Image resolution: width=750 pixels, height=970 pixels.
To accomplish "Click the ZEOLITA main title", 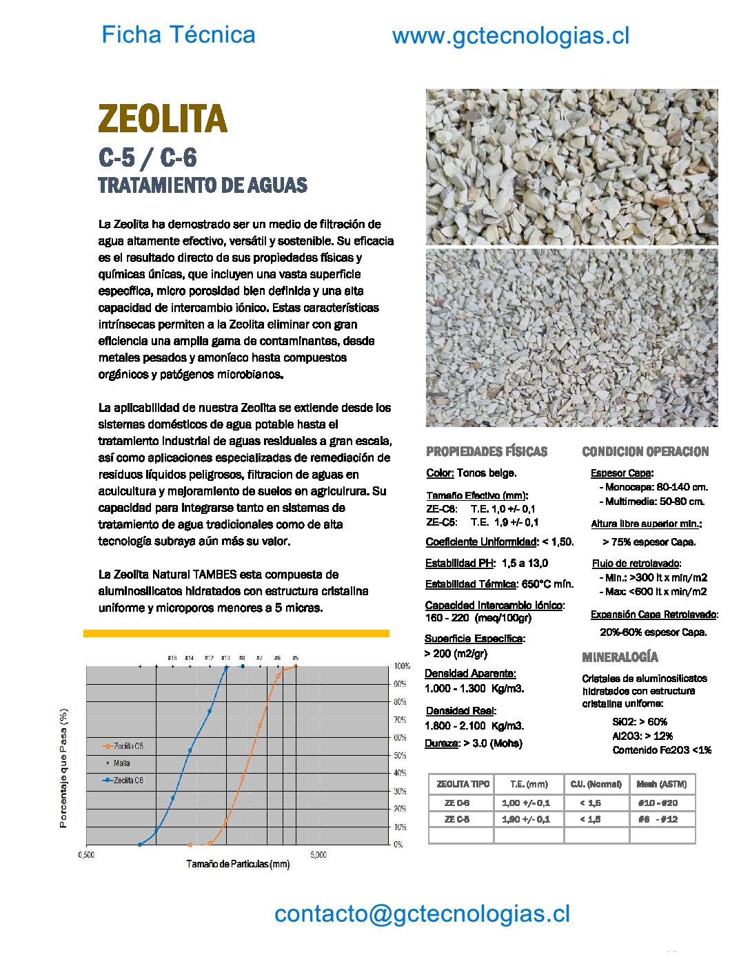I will click(163, 118).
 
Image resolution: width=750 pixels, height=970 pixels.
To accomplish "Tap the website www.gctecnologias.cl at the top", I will click(510, 36).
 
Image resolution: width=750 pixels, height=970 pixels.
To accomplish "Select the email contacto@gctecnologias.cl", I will click(422, 914).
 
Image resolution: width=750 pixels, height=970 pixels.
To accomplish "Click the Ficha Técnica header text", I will click(178, 34).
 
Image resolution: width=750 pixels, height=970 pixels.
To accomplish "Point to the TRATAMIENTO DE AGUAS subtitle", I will click(202, 185).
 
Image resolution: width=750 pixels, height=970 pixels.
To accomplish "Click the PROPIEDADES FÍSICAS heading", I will click(487, 452).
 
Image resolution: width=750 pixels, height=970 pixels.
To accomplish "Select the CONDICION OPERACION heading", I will click(645, 452).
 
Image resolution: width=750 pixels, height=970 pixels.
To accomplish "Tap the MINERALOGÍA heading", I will click(620, 657).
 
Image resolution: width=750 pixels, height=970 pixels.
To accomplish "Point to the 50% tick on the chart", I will click(400, 756).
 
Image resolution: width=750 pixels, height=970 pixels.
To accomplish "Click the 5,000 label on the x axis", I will click(318, 855).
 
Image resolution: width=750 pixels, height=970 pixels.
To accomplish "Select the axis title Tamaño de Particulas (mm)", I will click(238, 864).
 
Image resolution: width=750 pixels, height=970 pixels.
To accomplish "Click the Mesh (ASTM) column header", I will click(662, 784).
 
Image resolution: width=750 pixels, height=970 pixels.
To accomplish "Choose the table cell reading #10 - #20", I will click(658, 803).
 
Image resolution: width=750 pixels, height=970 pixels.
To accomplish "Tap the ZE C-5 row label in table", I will click(457, 819).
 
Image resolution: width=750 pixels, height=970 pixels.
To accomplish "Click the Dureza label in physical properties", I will click(441, 743).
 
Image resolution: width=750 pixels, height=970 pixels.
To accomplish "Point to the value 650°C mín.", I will click(547, 584).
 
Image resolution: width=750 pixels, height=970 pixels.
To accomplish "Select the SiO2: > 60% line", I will click(639, 722).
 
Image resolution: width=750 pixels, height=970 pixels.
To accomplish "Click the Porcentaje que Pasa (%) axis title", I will click(63, 768).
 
